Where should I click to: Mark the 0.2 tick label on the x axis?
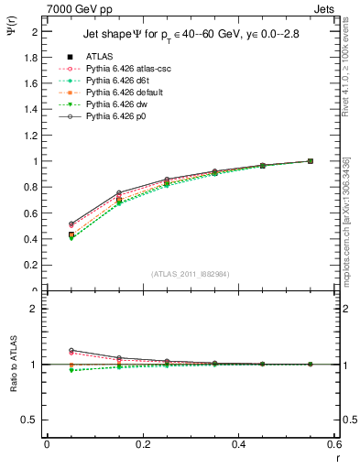coord(142,444)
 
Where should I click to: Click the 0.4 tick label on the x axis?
coord(238,444)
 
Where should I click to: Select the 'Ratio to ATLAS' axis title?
coord(12,387)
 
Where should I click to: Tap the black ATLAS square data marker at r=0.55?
coord(311,161)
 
